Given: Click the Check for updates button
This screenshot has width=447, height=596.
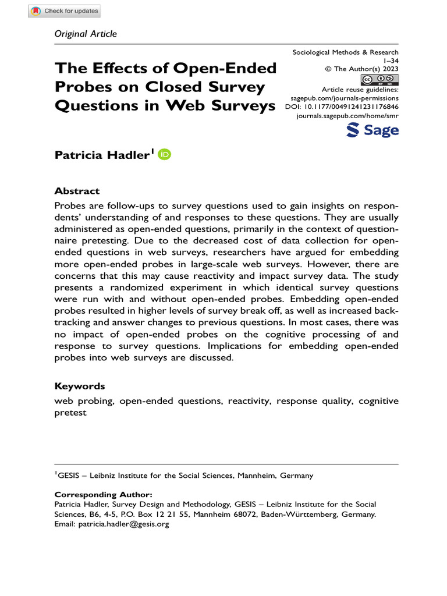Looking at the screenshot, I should click(x=65, y=11).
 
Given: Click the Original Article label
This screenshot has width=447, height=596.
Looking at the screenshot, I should click(x=86, y=34).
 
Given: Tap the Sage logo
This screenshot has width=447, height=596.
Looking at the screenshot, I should click(x=372, y=130).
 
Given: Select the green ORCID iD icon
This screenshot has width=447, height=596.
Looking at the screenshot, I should click(x=165, y=154).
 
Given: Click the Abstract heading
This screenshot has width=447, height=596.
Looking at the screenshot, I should click(x=77, y=191).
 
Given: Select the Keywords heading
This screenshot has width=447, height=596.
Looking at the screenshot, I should click(x=80, y=386).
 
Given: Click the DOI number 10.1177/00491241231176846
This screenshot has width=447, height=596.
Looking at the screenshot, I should click(x=352, y=108).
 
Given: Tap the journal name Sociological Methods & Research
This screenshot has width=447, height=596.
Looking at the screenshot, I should click(x=345, y=52).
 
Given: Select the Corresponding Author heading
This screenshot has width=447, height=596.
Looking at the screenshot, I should click(x=103, y=495).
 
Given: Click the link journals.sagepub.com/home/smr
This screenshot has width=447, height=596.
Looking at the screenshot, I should click(x=347, y=116).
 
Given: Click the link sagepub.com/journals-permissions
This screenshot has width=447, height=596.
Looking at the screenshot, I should click(x=344, y=99).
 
